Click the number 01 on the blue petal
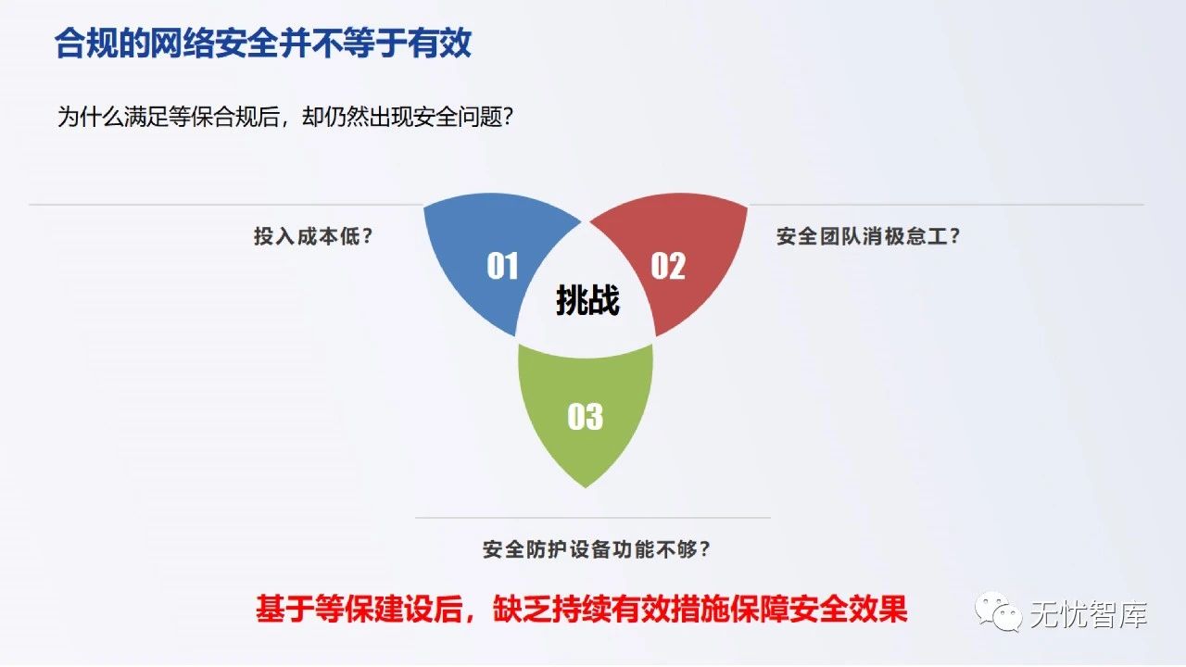502,267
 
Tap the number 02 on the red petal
667,267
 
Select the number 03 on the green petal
585,417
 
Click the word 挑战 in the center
587,300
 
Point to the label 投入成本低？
313,236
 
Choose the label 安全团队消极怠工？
868,236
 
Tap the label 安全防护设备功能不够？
597,549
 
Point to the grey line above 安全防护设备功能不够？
593,518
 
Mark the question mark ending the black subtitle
507,118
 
